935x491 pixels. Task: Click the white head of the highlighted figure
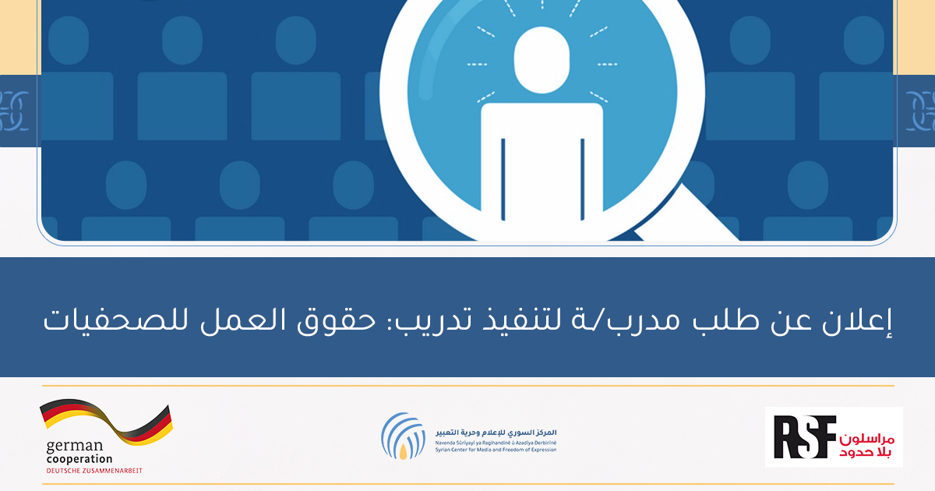point(542,60)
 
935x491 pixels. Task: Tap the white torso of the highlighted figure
point(542,171)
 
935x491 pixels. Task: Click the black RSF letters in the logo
point(805,436)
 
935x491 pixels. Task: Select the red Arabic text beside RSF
point(866,446)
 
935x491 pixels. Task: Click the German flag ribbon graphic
point(107,421)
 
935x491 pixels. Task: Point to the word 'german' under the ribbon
point(74,447)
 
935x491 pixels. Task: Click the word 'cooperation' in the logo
point(79,459)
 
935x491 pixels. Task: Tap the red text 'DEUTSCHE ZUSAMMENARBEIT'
point(94,471)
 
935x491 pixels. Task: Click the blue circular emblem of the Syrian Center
point(403,436)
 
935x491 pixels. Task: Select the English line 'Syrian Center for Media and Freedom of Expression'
point(496,450)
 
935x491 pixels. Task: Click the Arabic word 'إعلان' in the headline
point(857,321)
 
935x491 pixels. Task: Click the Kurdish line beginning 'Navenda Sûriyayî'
point(496,443)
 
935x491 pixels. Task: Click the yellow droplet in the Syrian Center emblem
point(403,451)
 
